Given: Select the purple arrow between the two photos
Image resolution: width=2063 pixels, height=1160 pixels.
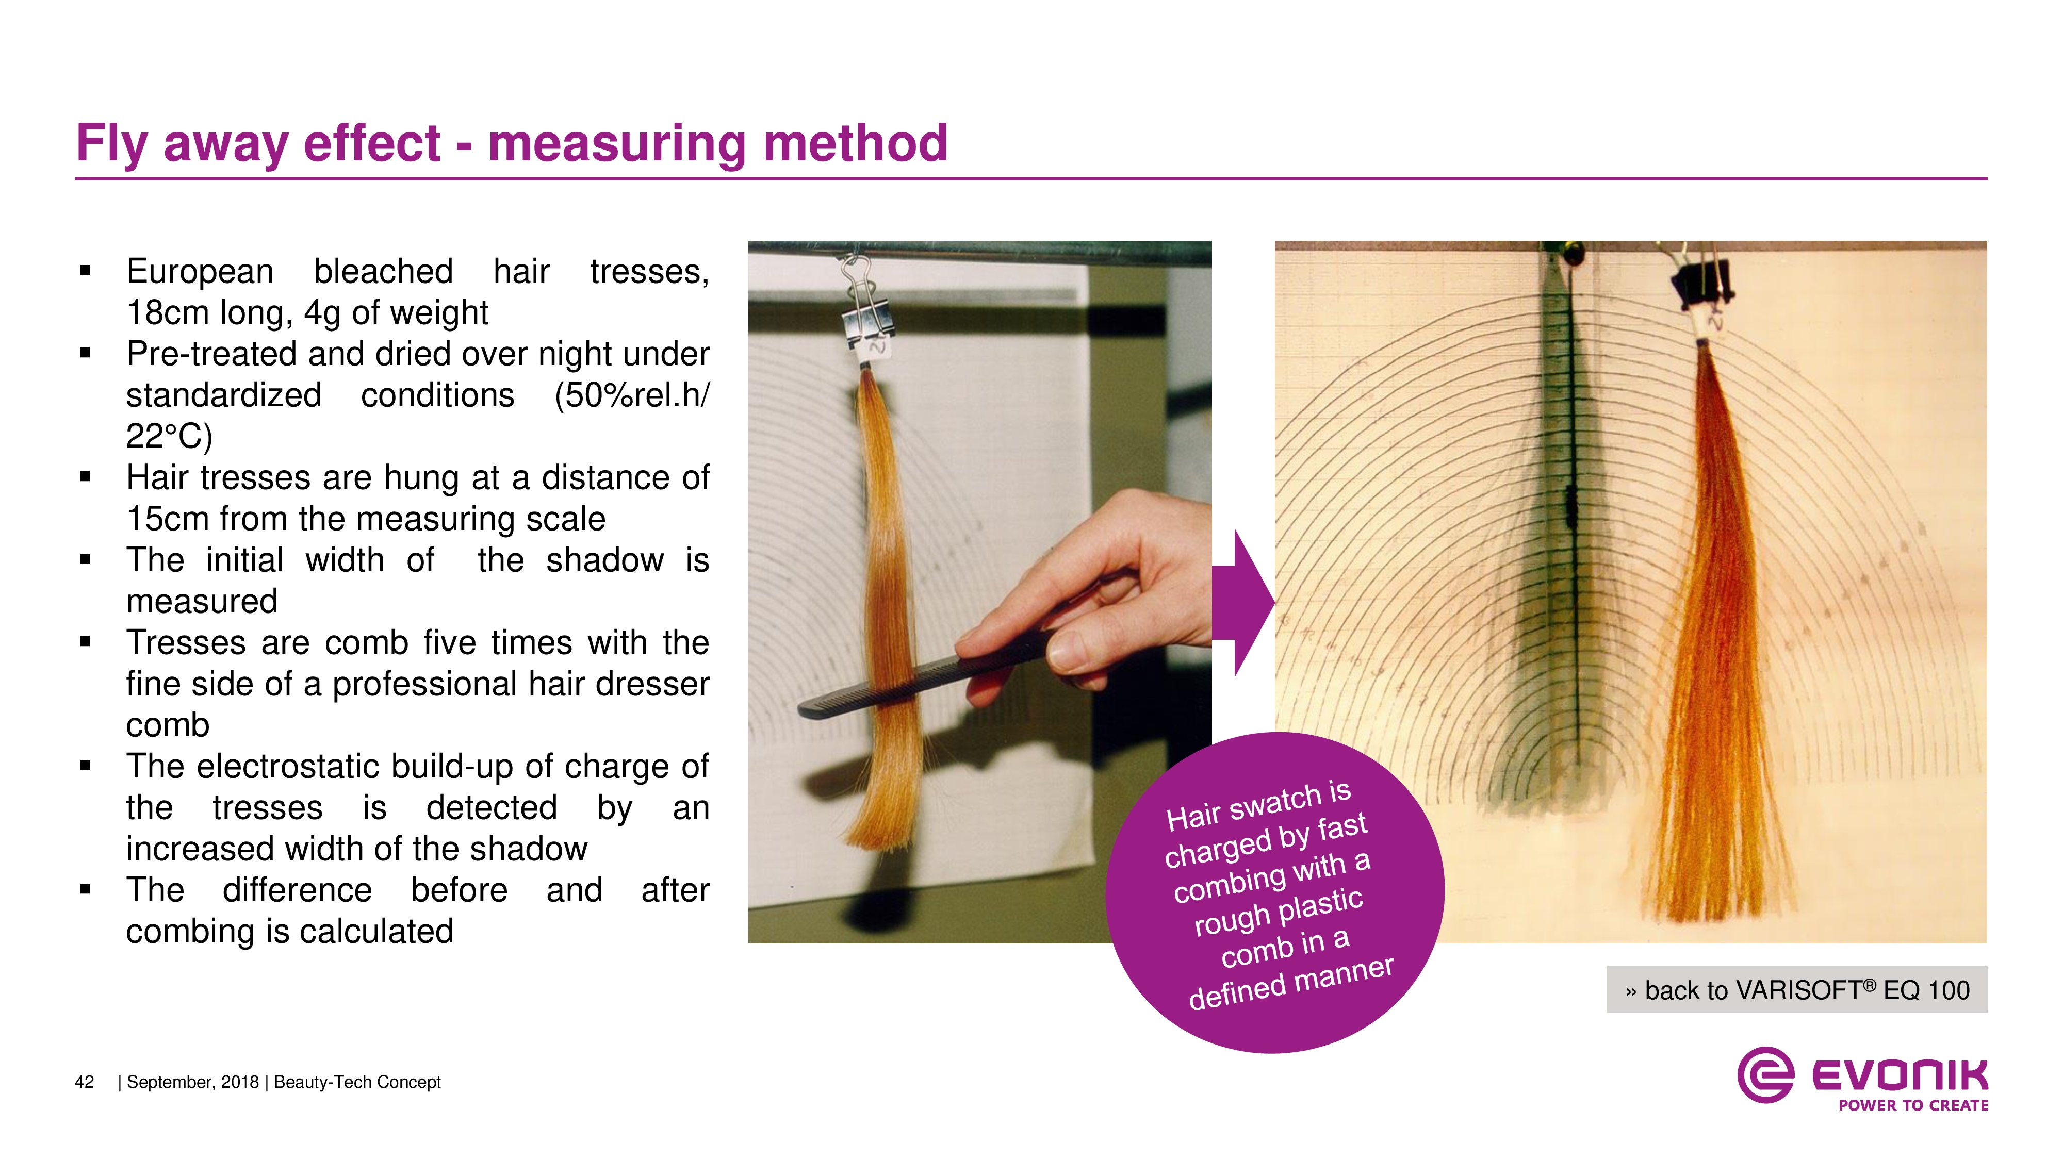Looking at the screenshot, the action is [x=1243, y=603].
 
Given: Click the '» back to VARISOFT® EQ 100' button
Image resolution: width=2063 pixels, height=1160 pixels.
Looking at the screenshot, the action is [x=1796, y=990].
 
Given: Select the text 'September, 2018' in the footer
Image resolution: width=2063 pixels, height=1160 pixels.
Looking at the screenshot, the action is [x=192, y=1082].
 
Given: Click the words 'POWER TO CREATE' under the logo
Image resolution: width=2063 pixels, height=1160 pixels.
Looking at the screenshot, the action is [x=1913, y=1105].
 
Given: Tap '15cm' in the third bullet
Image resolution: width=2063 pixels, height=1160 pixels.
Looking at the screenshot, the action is [x=165, y=519].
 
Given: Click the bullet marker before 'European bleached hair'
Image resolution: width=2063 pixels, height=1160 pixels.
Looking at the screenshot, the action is [x=86, y=271].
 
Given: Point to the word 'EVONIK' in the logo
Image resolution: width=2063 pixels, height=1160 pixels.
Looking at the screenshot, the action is [x=1900, y=1075].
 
